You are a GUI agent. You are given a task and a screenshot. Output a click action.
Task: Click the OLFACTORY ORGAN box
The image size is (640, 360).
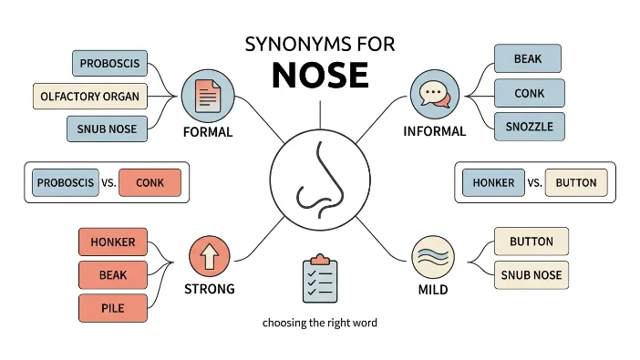89,97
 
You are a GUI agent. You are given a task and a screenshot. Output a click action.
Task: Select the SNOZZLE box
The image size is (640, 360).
530,127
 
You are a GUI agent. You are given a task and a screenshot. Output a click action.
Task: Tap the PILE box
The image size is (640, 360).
113,308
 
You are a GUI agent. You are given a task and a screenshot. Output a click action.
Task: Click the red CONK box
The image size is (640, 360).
150,182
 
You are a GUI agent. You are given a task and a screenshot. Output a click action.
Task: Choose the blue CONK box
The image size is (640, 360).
530,93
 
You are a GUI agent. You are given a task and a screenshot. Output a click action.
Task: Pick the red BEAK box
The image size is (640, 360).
113,275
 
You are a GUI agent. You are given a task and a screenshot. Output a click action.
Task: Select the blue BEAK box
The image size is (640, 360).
528,58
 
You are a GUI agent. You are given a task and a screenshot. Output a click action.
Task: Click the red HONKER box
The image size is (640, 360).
113,242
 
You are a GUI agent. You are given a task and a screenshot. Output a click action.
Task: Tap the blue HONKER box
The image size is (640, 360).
493,182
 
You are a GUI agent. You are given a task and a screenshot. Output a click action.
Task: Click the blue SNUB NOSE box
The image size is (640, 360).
107,129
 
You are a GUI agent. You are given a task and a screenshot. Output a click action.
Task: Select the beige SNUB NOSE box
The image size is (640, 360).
532,275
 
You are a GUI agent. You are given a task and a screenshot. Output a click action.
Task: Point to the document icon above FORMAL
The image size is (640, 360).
208,96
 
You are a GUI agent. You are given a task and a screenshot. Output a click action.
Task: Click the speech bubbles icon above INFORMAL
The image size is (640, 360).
435,94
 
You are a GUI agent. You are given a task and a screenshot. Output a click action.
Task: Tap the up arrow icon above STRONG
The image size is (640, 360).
210,256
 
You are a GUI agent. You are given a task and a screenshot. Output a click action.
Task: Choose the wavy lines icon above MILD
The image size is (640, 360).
433,257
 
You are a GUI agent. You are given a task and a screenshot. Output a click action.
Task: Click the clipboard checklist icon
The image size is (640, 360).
320,278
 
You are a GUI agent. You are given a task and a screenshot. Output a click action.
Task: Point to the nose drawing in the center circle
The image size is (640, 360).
320,180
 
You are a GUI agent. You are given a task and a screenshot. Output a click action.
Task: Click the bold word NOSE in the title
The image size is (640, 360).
320,75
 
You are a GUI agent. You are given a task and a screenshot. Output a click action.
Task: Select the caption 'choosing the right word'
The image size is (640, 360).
320,323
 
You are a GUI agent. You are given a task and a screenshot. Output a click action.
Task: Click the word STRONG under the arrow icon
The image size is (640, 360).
210,289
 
